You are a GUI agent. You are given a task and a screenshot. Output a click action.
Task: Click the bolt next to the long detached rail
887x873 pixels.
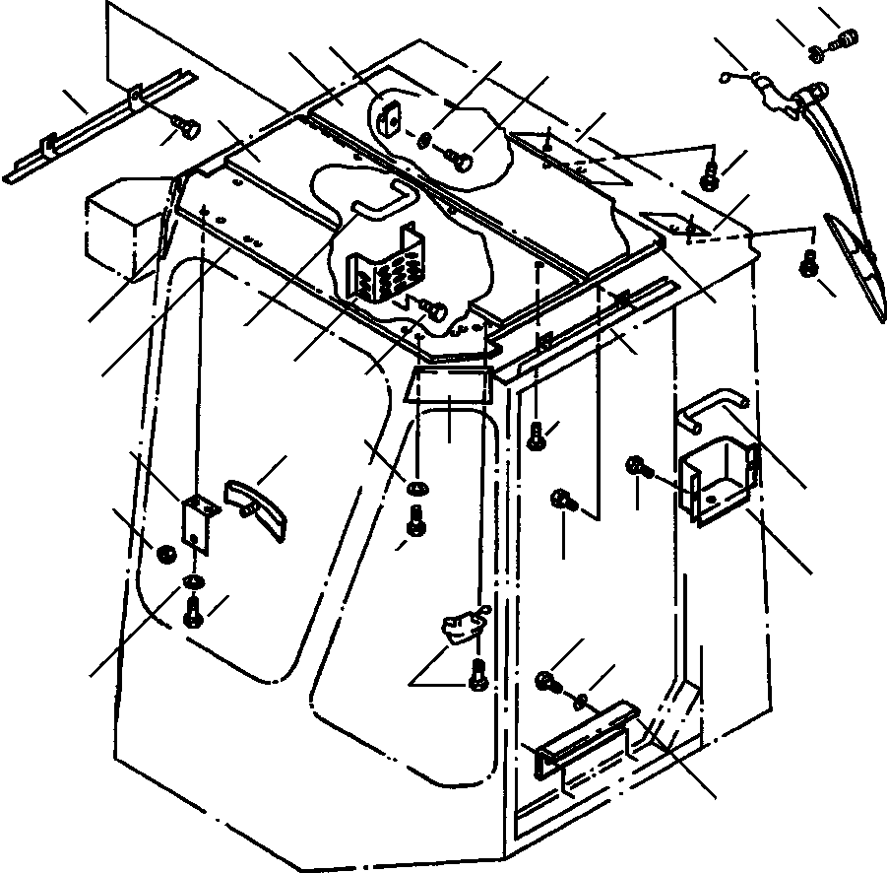pyautogui.click(x=185, y=126)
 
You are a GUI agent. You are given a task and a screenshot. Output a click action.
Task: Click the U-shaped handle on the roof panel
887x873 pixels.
pyautogui.click(x=381, y=200)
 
